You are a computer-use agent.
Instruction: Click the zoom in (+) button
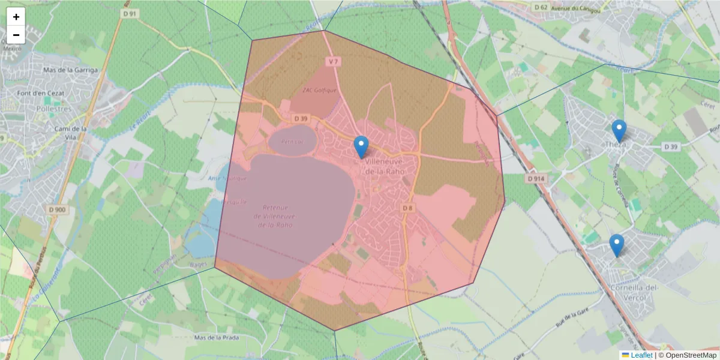coord(16,17)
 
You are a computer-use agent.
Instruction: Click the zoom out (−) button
coord(16,35)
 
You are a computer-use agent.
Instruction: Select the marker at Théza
coord(619,131)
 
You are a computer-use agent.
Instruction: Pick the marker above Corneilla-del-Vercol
coord(616,245)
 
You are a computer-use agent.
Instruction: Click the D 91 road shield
coord(129,13)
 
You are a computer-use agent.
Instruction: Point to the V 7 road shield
coord(334,61)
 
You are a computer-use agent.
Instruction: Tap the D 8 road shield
coord(407,208)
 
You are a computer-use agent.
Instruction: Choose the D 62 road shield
coord(541,8)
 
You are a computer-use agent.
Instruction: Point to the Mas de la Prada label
coord(217,338)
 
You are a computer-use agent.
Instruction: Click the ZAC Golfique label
coord(320,90)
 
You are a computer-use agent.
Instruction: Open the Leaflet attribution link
coord(641,355)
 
